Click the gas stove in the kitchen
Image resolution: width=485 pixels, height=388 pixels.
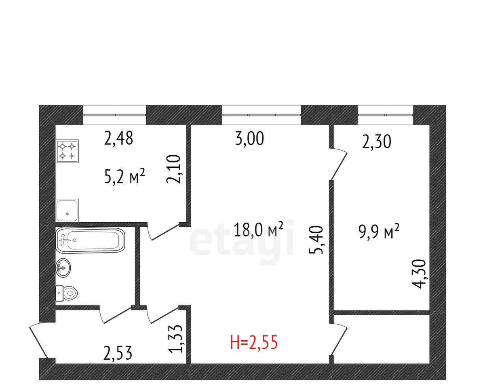pyautogui.click(x=67, y=151)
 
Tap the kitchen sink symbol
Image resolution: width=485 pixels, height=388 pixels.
pyautogui.click(x=67, y=210)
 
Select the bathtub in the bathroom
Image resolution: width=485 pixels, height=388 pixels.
pyautogui.click(x=91, y=240)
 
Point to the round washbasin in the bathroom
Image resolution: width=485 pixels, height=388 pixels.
pyautogui.click(x=63, y=268)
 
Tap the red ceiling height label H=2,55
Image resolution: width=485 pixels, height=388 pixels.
pyautogui.click(x=254, y=342)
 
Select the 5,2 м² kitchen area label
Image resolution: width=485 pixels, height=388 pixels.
pyautogui.click(x=124, y=176)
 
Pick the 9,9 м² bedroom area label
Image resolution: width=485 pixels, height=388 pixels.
pyautogui.click(x=379, y=232)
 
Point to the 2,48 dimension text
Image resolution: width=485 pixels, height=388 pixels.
pyautogui.click(x=119, y=138)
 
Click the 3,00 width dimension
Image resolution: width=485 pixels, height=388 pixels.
pyautogui.click(x=249, y=138)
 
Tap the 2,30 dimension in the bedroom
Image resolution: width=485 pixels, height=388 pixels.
pyautogui.click(x=377, y=141)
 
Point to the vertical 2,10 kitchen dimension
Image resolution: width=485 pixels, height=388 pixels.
pyautogui.click(x=173, y=169)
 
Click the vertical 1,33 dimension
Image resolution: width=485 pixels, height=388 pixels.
pyautogui.click(x=175, y=339)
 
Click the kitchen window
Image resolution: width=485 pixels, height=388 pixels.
pyautogui.click(x=115, y=115)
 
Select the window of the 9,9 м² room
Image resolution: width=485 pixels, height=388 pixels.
pyautogui.click(x=386, y=115)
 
